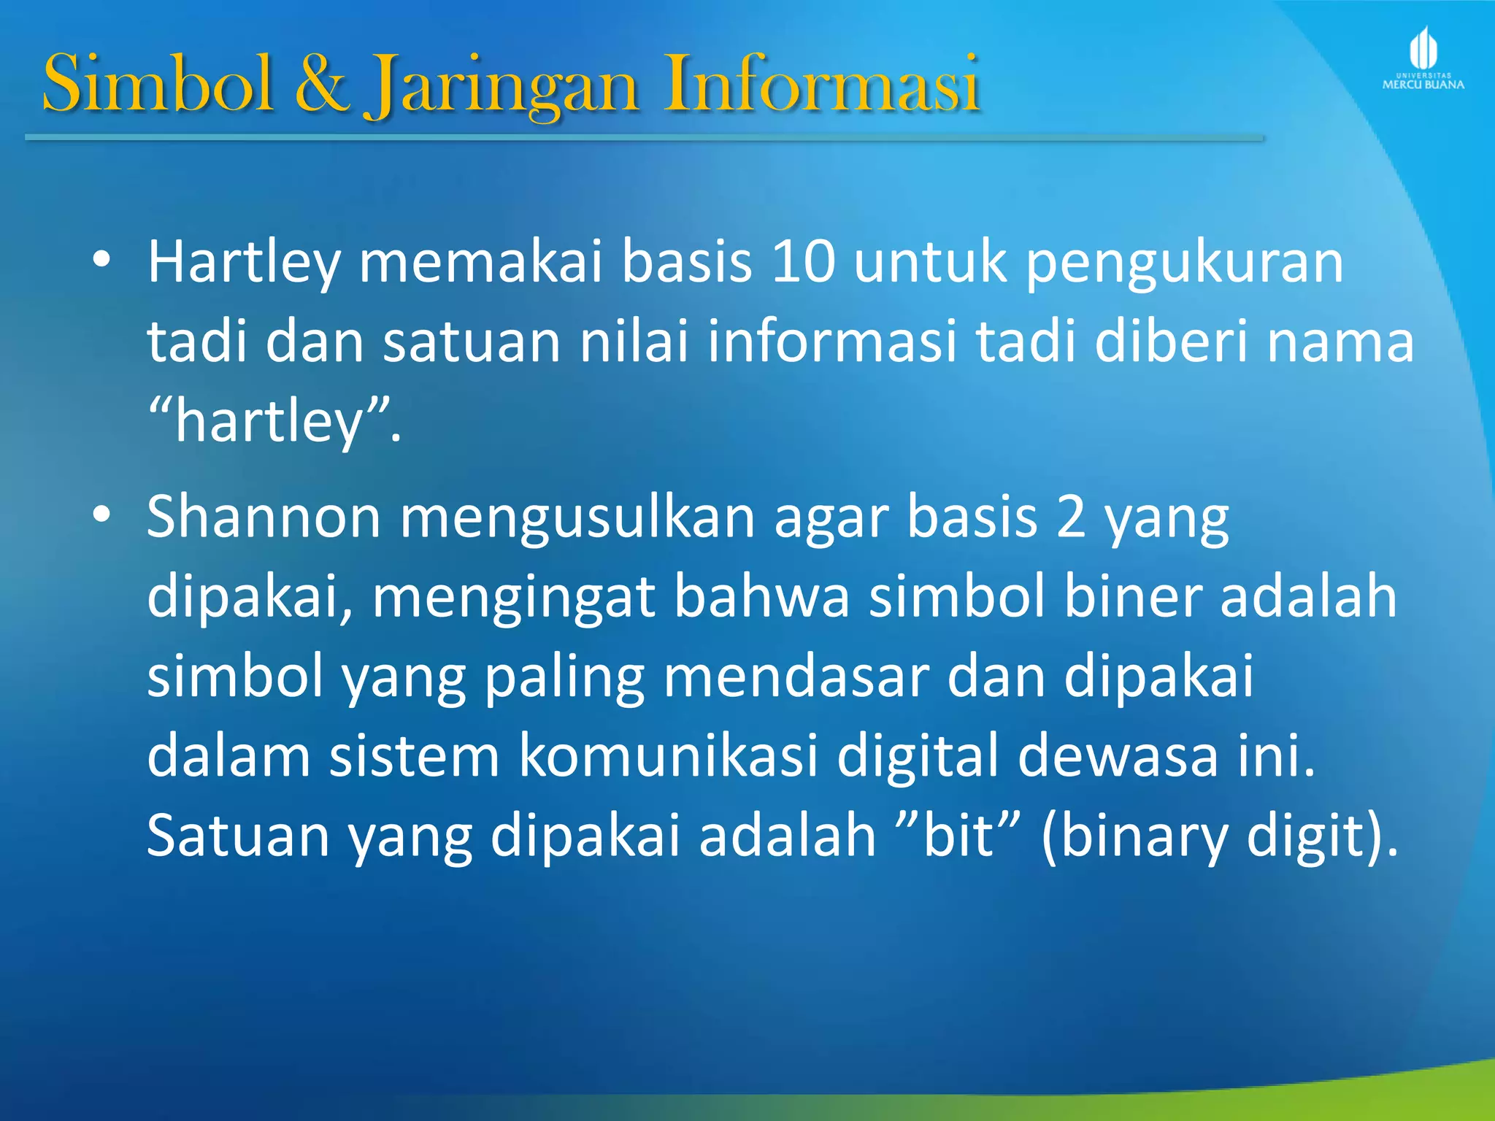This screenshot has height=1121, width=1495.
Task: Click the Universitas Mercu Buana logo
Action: pos(1423,58)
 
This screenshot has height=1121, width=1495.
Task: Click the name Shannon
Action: pos(264,517)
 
